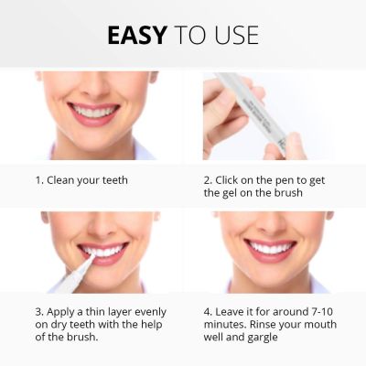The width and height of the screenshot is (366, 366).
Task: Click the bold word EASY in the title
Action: (136, 35)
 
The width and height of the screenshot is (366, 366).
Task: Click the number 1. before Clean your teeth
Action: (39, 179)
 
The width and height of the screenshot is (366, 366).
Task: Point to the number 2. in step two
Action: (208, 179)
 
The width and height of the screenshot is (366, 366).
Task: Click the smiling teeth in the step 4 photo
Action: (271, 248)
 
